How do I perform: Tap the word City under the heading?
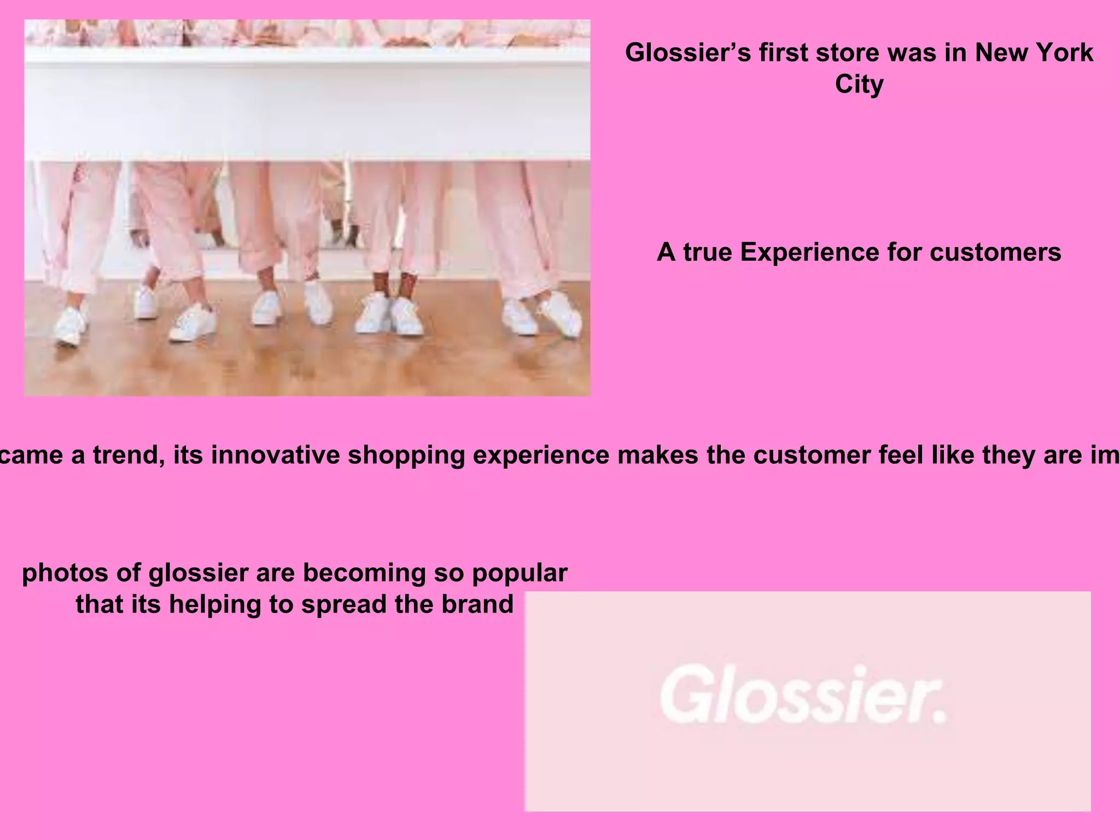coord(859,85)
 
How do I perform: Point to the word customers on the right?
coord(995,253)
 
